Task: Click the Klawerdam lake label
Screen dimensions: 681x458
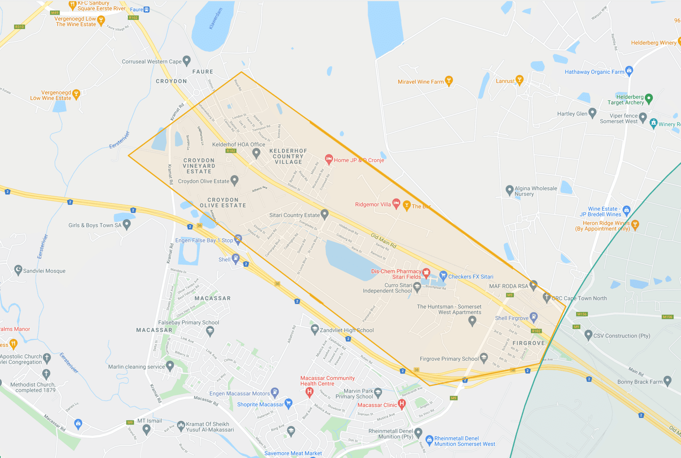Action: (x=216, y=19)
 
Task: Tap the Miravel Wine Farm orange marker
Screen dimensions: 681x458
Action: (x=449, y=81)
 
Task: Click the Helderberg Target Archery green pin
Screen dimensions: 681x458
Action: (x=649, y=98)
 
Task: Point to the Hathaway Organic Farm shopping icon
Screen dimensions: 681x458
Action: (x=629, y=71)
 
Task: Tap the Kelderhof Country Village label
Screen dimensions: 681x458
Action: (x=288, y=156)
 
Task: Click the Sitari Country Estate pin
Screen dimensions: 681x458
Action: (x=325, y=214)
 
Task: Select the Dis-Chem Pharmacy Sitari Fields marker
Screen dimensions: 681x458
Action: (x=426, y=273)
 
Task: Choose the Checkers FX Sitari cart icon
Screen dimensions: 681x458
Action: (x=443, y=275)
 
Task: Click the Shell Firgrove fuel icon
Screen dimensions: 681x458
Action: (x=534, y=317)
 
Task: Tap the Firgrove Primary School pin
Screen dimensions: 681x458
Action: (x=484, y=358)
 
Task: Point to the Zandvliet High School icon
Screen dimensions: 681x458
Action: (x=314, y=329)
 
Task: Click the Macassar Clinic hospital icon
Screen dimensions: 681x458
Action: (x=402, y=404)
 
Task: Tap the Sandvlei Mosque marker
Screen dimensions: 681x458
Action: (x=18, y=270)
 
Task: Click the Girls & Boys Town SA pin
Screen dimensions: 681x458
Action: (x=127, y=225)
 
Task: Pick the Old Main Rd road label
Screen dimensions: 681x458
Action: (x=384, y=241)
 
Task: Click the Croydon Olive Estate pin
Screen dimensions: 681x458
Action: (x=235, y=181)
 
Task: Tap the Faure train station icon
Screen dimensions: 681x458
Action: (x=147, y=10)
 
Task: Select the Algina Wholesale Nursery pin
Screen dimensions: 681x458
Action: (x=509, y=190)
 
